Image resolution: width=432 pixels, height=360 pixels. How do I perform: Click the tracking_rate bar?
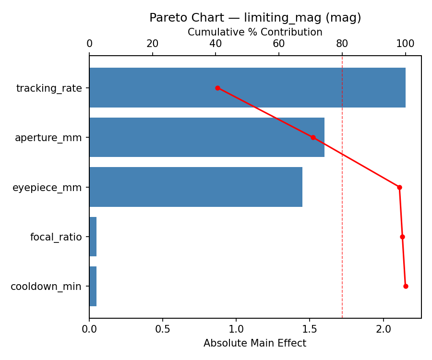(x=247, y=88)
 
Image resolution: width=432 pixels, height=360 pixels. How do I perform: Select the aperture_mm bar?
(x=206, y=137)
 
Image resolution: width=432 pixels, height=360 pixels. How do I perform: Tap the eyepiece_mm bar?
(x=196, y=187)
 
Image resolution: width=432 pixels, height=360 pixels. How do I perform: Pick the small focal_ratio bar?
(x=93, y=237)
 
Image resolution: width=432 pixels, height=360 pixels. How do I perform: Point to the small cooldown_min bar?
(x=93, y=286)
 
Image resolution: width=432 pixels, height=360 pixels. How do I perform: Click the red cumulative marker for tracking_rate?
(x=217, y=88)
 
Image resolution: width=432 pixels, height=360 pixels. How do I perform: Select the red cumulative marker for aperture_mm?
(x=313, y=137)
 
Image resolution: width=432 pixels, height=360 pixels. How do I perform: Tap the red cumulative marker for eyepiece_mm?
(x=399, y=187)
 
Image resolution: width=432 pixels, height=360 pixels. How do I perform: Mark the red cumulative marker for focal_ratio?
(x=402, y=237)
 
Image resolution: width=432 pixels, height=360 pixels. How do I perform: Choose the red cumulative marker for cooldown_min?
(x=406, y=286)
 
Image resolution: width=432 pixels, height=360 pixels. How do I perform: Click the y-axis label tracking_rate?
(x=49, y=88)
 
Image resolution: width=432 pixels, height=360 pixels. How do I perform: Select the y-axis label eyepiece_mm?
(x=47, y=188)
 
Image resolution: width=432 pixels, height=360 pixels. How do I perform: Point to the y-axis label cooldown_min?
(x=46, y=287)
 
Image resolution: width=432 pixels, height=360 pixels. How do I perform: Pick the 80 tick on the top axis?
(x=342, y=44)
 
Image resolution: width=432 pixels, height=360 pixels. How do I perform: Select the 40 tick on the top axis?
(x=216, y=44)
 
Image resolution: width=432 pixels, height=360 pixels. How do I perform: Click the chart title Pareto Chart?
(x=255, y=18)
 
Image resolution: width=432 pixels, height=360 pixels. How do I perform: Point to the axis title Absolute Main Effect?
(x=255, y=343)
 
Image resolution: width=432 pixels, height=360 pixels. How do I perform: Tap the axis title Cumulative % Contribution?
(x=255, y=32)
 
